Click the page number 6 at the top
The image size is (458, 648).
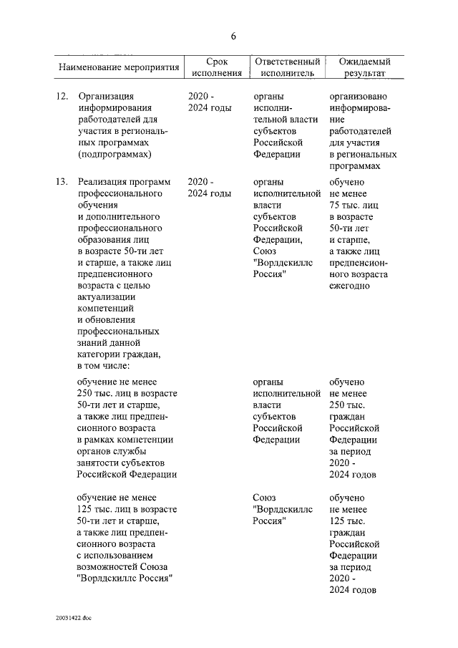tap(233, 37)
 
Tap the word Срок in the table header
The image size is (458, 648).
tap(217, 62)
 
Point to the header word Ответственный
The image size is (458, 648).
tap(286, 62)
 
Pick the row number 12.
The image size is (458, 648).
tap(62, 95)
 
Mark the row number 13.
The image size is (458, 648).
tap(62, 182)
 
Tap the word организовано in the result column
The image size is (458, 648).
tap(359, 95)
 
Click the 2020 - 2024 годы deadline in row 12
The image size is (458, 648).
tap(209, 102)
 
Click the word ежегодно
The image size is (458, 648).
tap(349, 286)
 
